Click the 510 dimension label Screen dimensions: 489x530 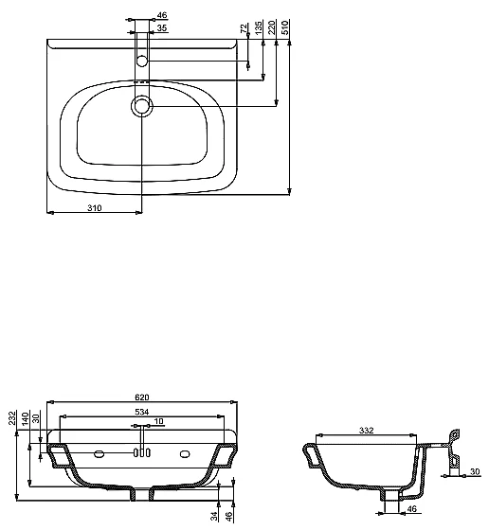coord(285,27)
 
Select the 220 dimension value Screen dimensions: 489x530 coord(272,27)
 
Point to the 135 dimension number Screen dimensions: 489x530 coord(259,27)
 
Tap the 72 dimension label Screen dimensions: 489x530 coord(244,28)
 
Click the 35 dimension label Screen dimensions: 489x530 coord(162,27)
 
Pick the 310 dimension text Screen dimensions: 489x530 coord(95,208)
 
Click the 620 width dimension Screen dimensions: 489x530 coord(142,397)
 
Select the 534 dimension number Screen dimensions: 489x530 coord(142,412)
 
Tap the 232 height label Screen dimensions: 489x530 coord(12,417)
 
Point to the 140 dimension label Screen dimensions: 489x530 coord(26,419)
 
